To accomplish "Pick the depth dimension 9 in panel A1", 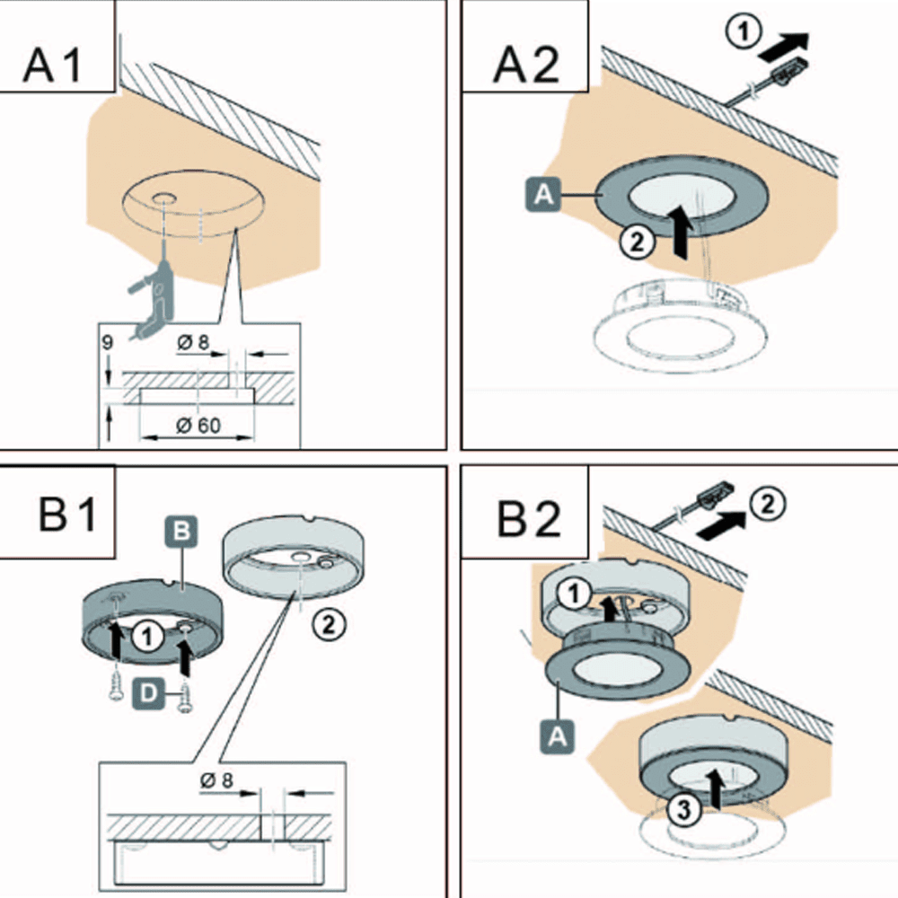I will (108, 341).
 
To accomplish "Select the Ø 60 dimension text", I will (198, 425).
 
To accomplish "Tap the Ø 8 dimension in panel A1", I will (194, 343).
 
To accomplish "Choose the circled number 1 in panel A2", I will (741, 32).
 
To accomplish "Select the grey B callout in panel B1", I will (181, 533).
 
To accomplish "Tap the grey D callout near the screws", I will (146, 691).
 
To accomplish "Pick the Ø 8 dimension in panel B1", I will (215, 780).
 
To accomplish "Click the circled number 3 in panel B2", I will (682, 810).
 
